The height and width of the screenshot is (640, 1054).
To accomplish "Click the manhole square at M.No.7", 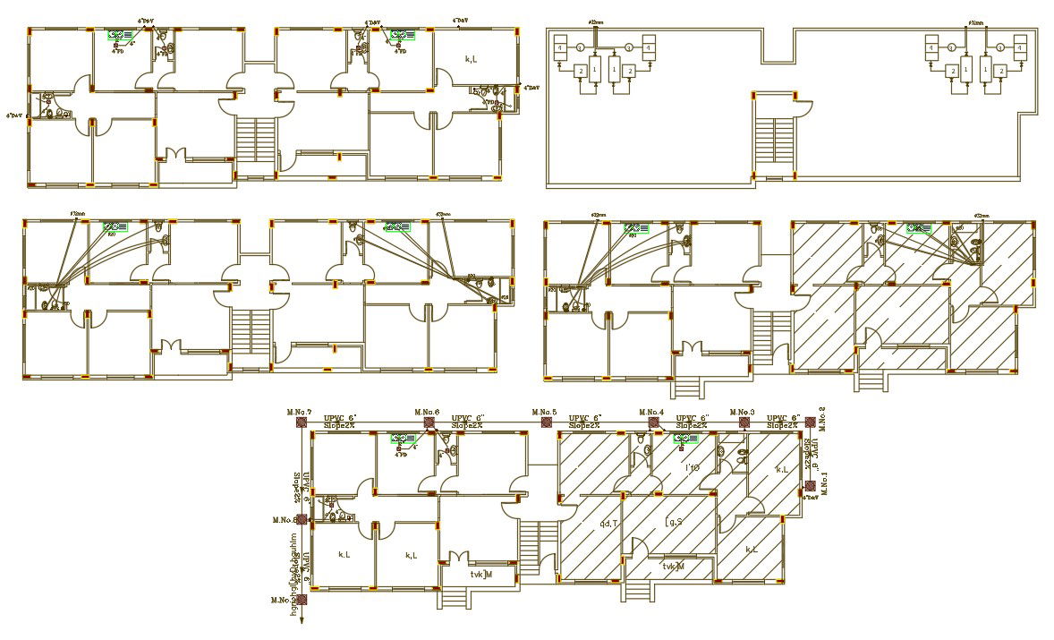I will pyautogui.click(x=302, y=422).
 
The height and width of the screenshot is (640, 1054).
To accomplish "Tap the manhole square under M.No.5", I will pyautogui.click(x=547, y=422).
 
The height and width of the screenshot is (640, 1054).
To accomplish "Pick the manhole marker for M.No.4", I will pyautogui.click(x=653, y=422).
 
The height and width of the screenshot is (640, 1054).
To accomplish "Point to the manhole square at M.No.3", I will pyautogui.click(x=743, y=422).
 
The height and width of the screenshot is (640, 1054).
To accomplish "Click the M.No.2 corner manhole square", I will pyautogui.click(x=809, y=422).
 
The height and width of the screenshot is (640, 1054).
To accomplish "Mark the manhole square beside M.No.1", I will pyautogui.click(x=809, y=486).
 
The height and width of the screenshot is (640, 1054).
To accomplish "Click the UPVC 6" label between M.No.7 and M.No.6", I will pyautogui.click(x=340, y=418).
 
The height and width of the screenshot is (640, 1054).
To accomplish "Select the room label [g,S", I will pyautogui.click(x=674, y=521).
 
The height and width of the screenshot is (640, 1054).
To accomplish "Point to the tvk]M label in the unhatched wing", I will pyautogui.click(x=482, y=575).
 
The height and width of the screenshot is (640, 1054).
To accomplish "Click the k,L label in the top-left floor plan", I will pyautogui.click(x=472, y=59).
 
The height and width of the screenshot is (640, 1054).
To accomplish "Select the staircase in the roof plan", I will pyautogui.click(x=774, y=143).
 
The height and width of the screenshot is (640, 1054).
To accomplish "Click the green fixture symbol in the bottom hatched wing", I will pyautogui.click(x=685, y=439).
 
